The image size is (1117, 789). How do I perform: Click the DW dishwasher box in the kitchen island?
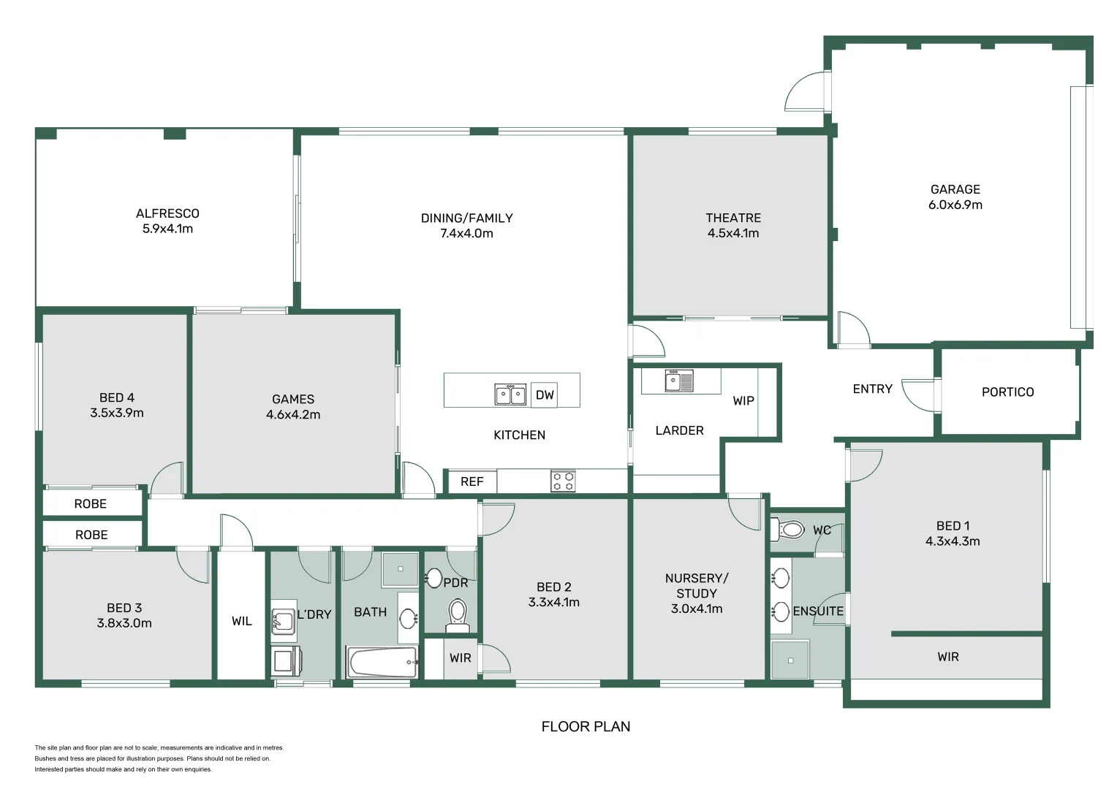545,394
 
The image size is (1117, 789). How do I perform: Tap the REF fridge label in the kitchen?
472,481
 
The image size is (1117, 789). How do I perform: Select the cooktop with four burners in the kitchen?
563,481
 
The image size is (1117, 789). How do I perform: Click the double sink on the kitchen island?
510,394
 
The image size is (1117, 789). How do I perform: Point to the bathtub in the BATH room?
382,663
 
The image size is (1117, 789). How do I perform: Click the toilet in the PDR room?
458,614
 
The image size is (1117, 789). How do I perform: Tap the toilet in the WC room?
788,529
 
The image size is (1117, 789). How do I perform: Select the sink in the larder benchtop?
678,381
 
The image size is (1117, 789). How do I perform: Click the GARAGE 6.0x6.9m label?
955,197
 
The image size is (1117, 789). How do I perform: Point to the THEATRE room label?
732,218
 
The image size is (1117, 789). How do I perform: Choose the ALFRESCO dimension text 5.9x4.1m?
167,229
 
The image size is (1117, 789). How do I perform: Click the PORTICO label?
1007,392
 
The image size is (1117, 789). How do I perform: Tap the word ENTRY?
872,389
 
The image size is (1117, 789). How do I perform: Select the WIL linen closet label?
241,621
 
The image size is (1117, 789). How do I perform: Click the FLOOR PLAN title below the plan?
586,726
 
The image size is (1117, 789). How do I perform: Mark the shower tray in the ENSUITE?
790,660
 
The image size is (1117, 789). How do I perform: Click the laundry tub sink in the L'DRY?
283,621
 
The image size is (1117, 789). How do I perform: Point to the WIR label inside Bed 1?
947,657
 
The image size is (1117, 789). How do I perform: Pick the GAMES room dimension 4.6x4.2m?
293,415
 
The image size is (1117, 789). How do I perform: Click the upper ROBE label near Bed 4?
91,504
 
